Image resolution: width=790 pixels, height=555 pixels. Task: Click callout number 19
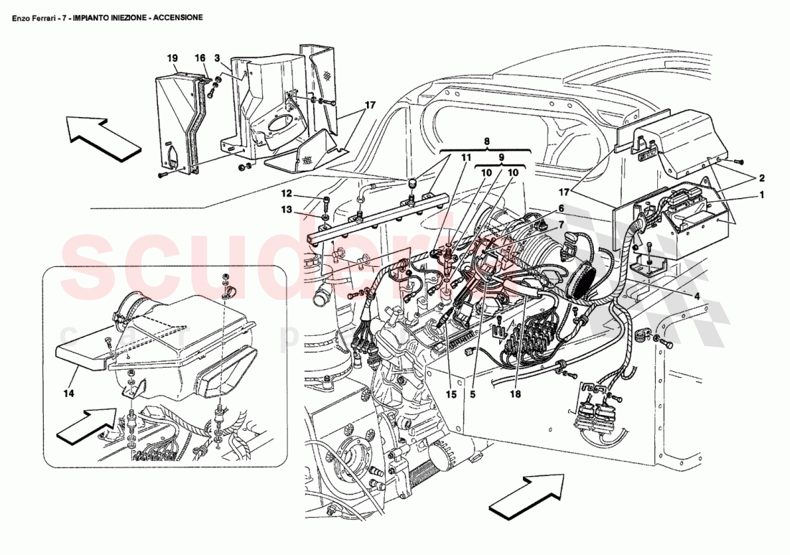click(172, 57)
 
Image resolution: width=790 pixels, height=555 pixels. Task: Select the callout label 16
click(200, 57)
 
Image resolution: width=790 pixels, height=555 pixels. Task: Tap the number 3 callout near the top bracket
click(217, 57)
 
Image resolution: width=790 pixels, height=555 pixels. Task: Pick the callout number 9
click(502, 157)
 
